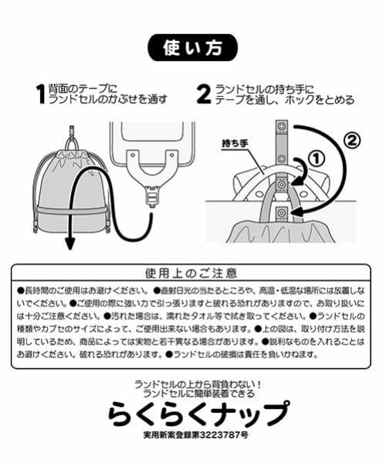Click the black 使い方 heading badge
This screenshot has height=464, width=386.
tap(193, 48)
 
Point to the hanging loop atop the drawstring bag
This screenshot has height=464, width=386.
tap(71, 143)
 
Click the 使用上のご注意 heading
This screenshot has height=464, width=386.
tap(191, 273)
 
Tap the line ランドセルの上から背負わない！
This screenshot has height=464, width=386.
tap(193, 384)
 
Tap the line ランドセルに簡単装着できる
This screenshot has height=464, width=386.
tap(193, 394)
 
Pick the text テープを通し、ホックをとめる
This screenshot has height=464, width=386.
tap(285, 100)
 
